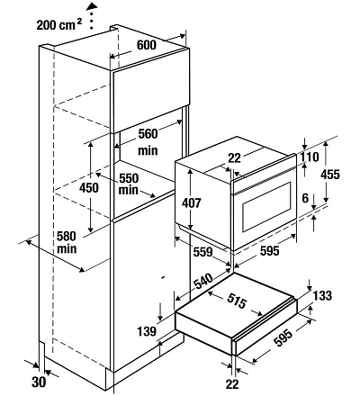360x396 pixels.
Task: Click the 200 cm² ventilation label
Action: tap(59, 24)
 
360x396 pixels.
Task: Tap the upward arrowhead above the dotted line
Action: tap(92, 5)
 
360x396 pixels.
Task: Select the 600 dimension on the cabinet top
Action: tap(147, 45)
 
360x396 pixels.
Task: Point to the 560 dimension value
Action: tap(148, 133)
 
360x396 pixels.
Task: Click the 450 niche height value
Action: tap(89, 187)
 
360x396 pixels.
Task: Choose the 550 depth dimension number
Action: tap(129, 178)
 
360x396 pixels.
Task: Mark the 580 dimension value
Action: tap(67, 237)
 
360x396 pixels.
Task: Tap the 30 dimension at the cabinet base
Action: tap(39, 382)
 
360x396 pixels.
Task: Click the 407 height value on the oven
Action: tap(192, 203)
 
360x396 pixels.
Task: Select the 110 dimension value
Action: tap(310, 157)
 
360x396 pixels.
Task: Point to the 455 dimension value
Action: tap(330, 175)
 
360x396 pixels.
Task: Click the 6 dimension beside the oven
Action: tap(305, 198)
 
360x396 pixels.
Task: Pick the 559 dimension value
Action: tap(202, 252)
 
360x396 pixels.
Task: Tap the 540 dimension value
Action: tap(203, 281)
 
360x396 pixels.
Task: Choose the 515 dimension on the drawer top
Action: tap(237, 301)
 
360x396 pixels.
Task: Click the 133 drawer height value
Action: tap(322, 295)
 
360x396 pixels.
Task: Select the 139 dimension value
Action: tap(147, 331)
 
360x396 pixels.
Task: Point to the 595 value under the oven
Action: tap(269, 251)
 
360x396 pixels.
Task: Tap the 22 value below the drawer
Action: tap(232, 384)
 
